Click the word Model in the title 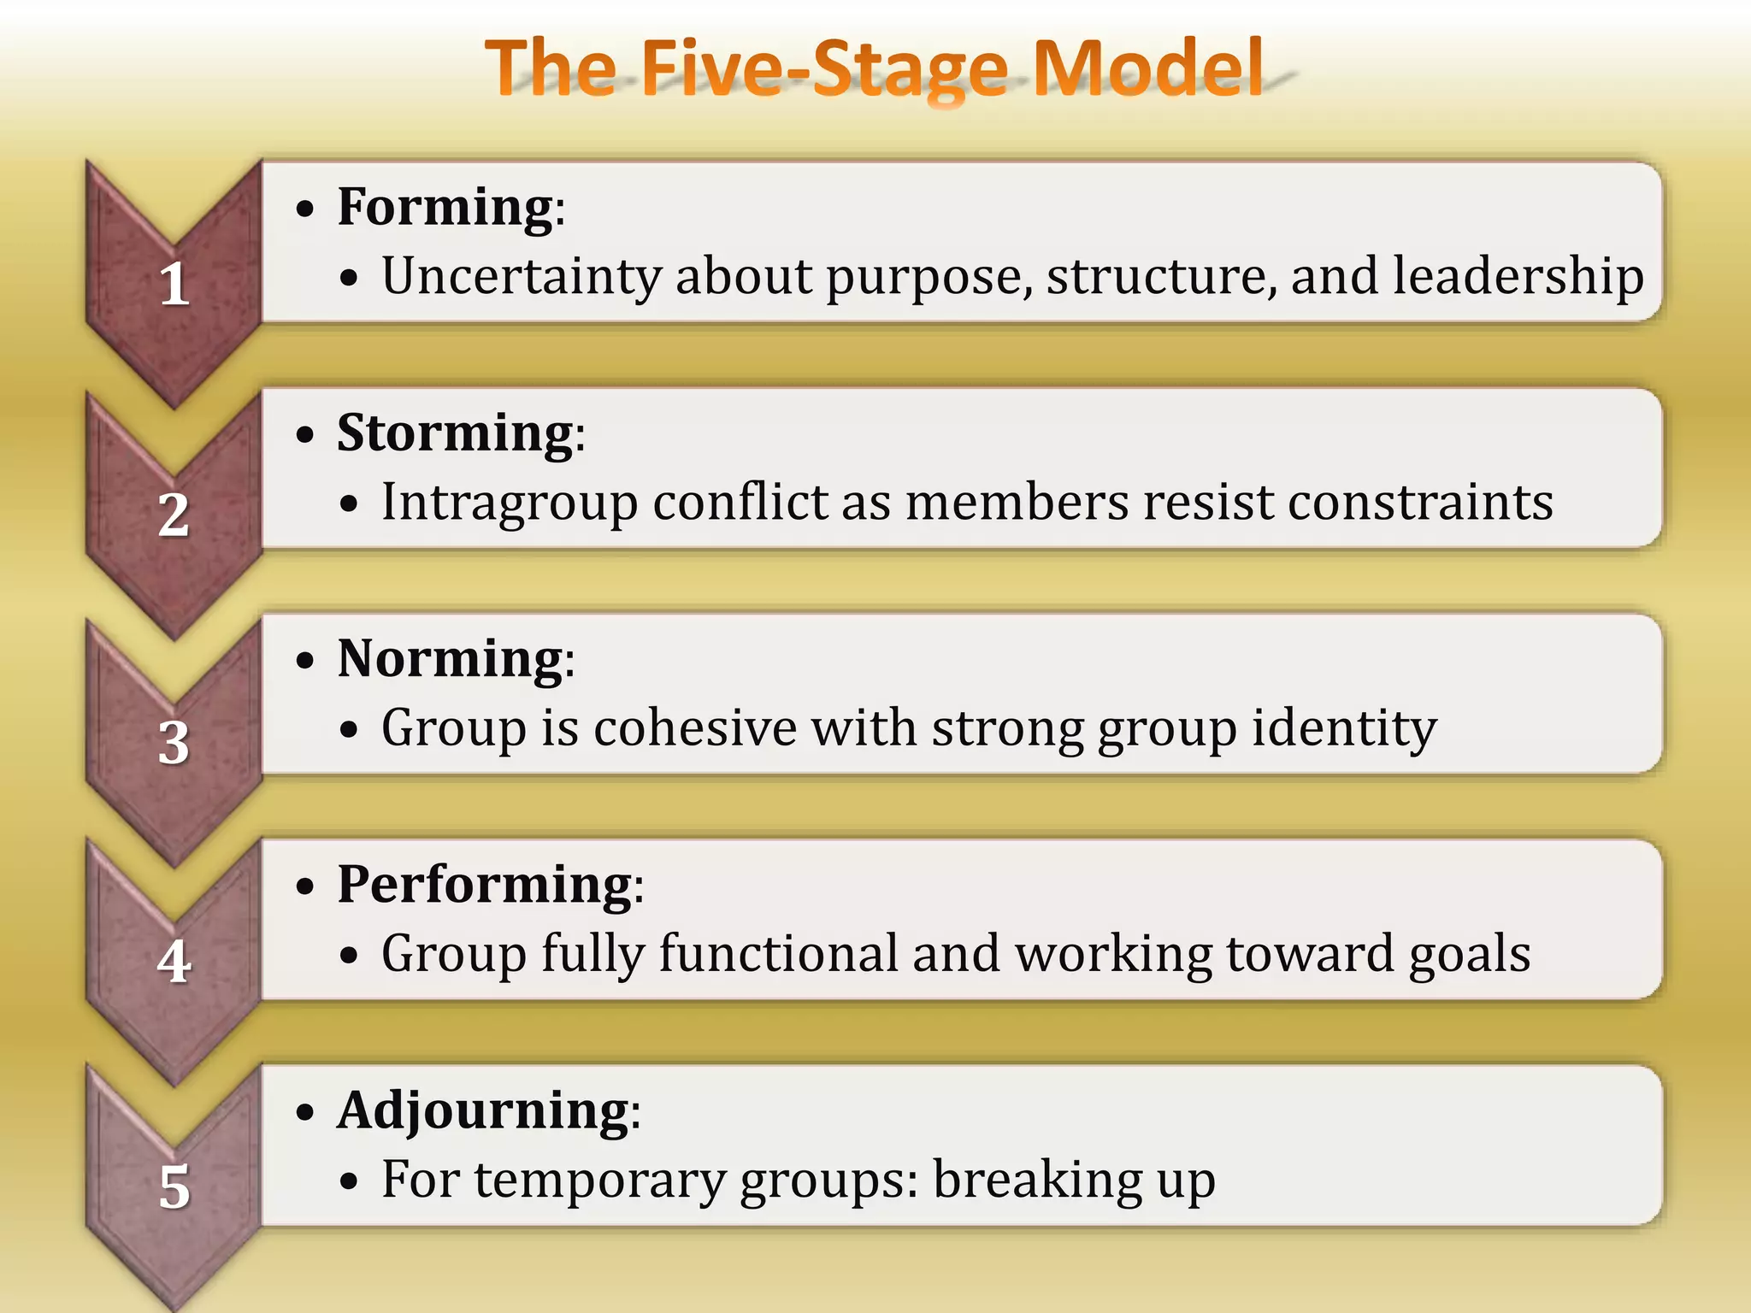[1147, 68]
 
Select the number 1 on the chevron [174, 284]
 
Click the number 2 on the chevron [174, 515]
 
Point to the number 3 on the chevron [174, 742]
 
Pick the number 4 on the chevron [174, 962]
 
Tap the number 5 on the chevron [174, 1187]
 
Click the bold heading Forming [445, 208]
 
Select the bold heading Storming [455, 433]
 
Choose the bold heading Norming [450, 659]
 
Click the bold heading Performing [485, 885]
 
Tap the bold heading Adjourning [483, 1111]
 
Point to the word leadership [1518, 278]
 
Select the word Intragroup [510, 503]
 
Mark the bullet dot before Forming [305, 209]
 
